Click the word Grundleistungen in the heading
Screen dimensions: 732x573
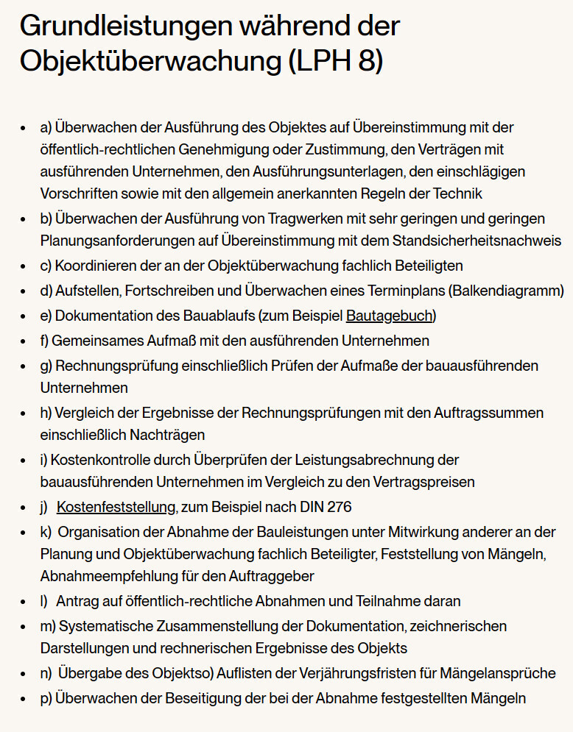coord(122,26)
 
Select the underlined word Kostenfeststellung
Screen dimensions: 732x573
coord(116,507)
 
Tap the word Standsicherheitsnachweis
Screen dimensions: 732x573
coord(477,241)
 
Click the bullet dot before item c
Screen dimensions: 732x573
coord(24,266)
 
